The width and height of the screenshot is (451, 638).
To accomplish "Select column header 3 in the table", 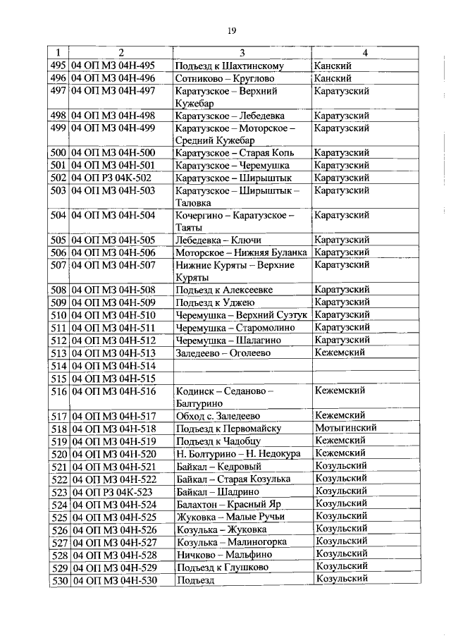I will (x=242, y=53).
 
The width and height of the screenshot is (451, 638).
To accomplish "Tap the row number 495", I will (x=58, y=66).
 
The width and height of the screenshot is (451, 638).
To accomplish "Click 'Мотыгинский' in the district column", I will (x=345, y=428).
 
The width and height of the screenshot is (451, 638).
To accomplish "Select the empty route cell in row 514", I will (x=242, y=366).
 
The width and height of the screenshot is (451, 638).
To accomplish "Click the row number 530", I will (x=58, y=579).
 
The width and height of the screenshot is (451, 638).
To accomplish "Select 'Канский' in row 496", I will (x=333, y=78).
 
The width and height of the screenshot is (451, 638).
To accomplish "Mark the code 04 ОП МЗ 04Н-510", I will (x=113, y=315).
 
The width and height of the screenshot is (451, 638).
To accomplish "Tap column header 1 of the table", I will (x=58, y=53).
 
